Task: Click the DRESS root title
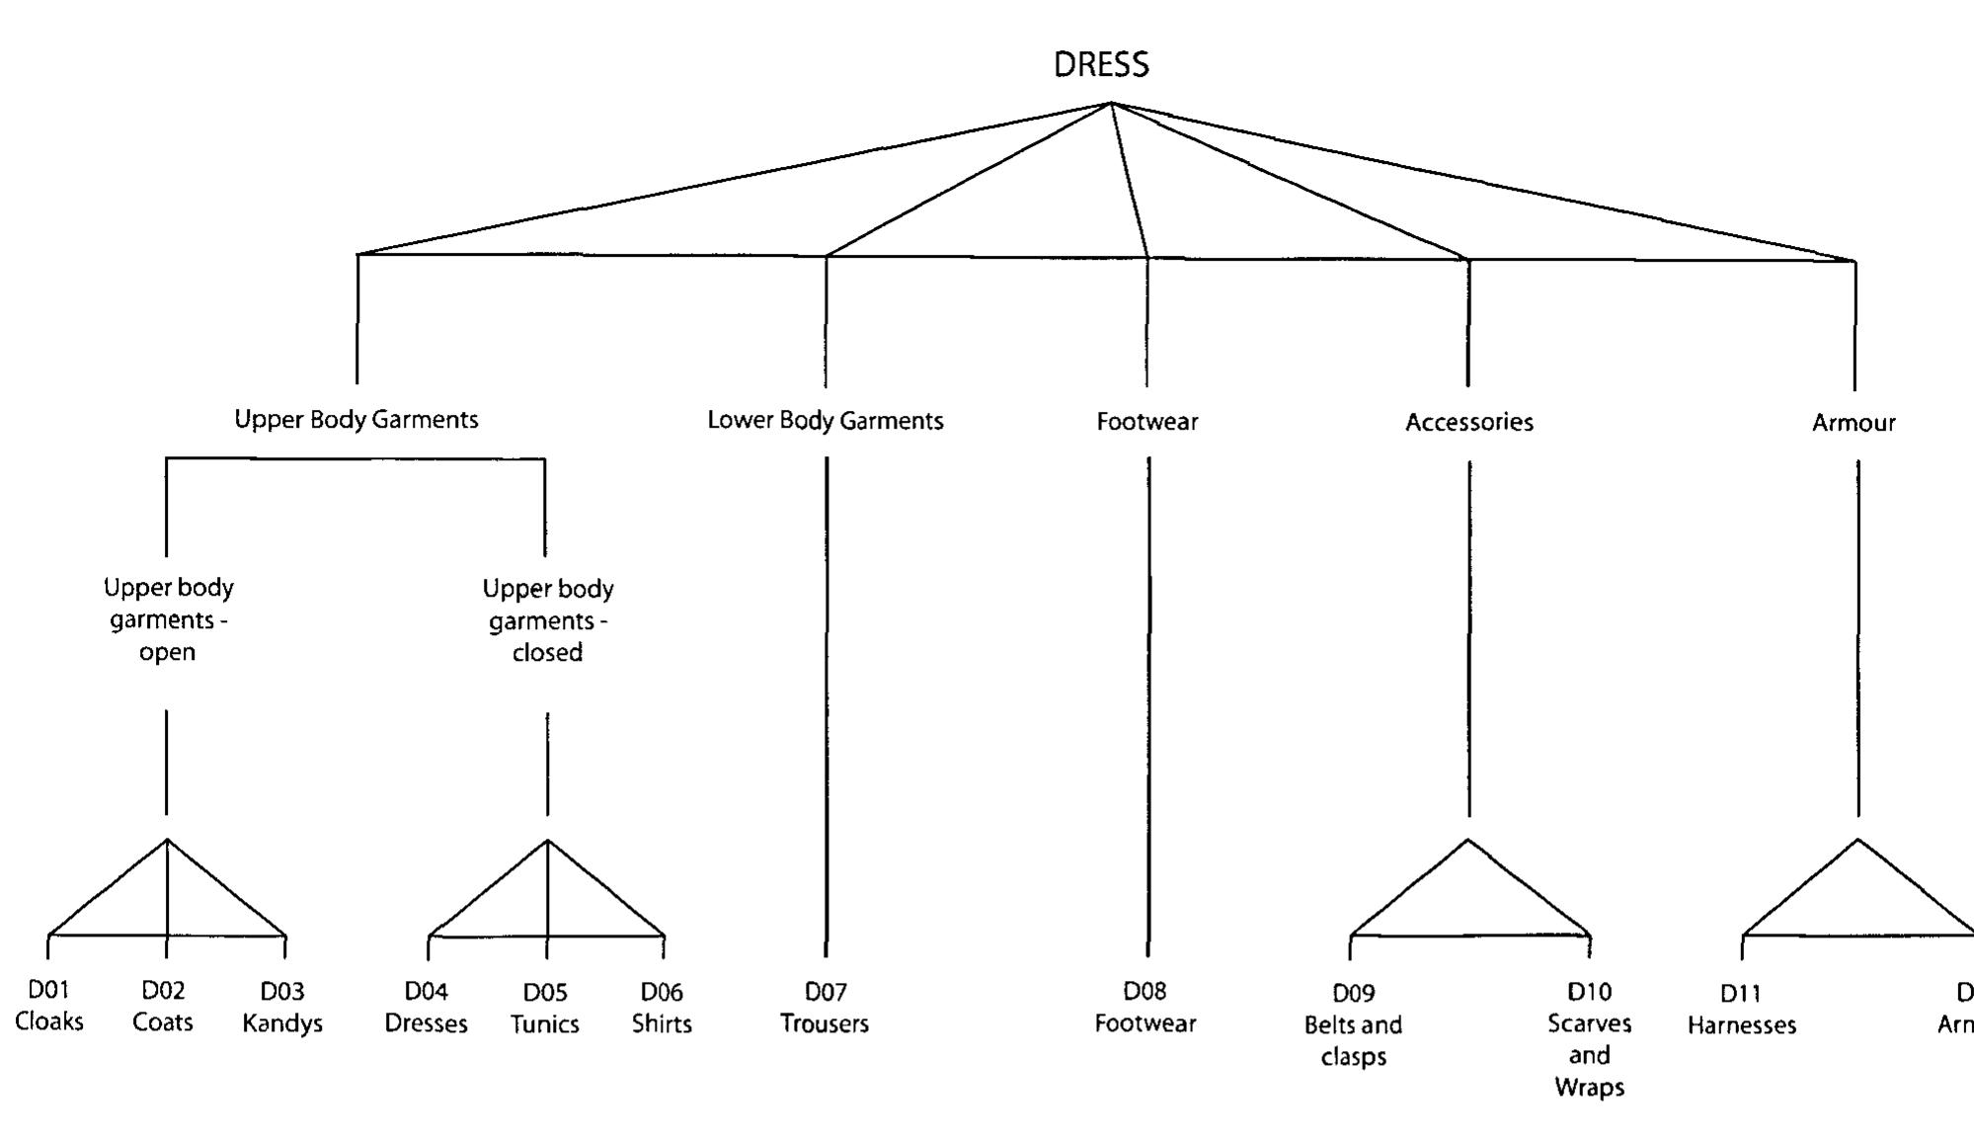tap(1101, 65)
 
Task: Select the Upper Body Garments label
tap(355, 420)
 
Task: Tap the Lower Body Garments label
tap(825, 421)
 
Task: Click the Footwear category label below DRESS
tap(1146, 422)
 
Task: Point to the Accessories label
tap(1468, 423)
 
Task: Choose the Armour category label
tap(1853, 423)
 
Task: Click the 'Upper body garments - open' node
tap(168, 619)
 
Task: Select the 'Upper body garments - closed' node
tap(547, 620)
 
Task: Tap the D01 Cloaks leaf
tap(48, 1006)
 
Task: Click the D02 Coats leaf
tap(163, 1007)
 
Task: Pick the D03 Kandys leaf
tap(282, 1008)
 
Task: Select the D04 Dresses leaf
tap(426, 1008)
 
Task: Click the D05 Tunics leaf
tap(544, 1009)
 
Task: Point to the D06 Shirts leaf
tap(662, 1009)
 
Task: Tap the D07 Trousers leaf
tap(825, 1008)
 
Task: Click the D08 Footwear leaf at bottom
tap(1145, 1008)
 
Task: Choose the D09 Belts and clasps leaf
tap(1353, 1024)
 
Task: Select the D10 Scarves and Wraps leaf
tap(1588, 1038)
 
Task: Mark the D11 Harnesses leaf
tap(1741, 1010)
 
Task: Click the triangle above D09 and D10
tap(1468, 899)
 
